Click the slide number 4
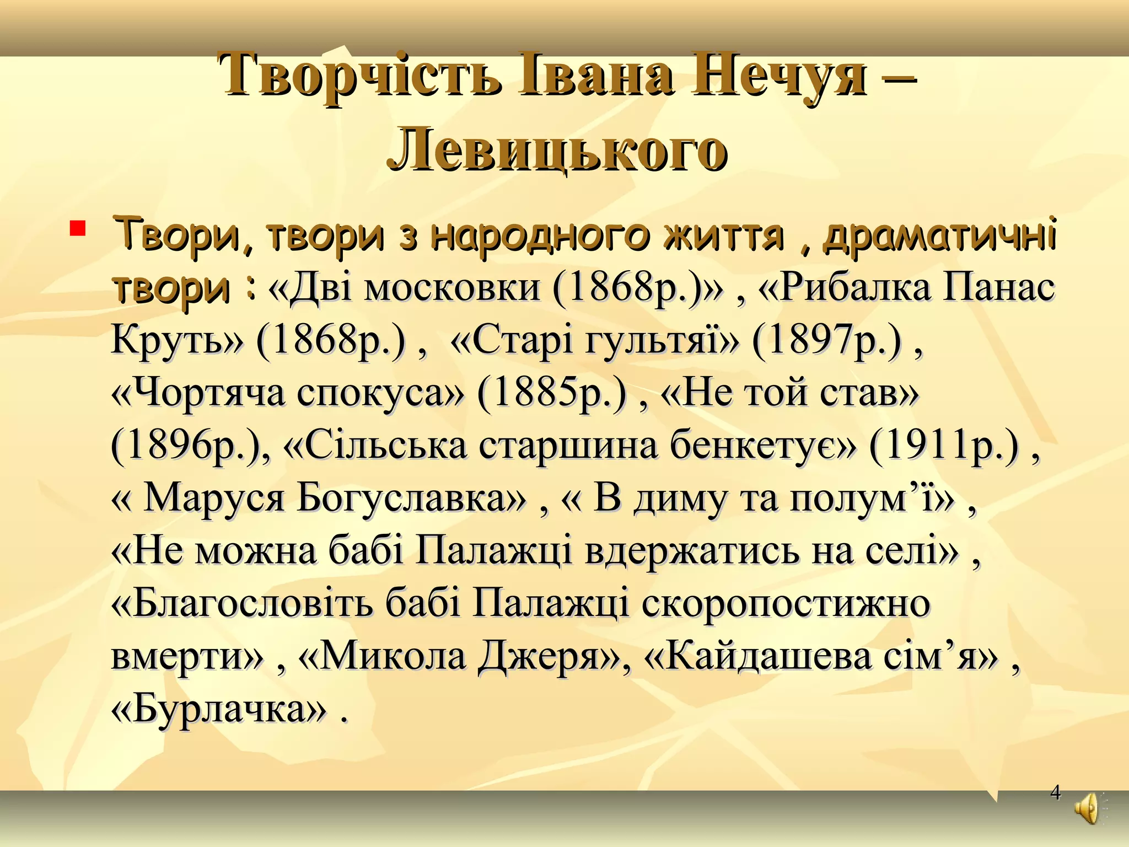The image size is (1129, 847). (x=1055, y=792)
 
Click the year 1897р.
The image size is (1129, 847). (x=827, y=340)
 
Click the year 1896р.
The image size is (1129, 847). (x=185, y=446)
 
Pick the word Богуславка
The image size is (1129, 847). (x=411, y=498)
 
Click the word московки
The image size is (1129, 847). (x=452, y=287)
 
